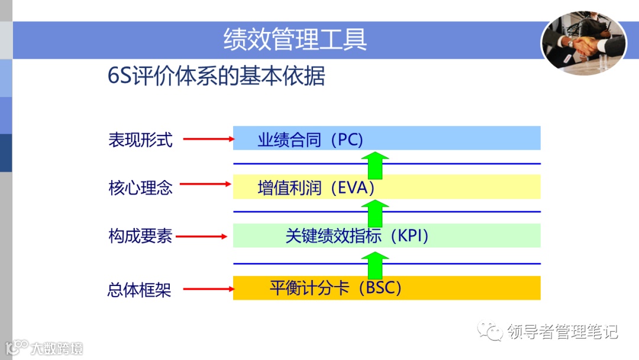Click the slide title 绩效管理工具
(x=295, y=40)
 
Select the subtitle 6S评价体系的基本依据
(x=217, y=77)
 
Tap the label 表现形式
(x=140, y=140)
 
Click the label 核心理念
(x=140, y=188)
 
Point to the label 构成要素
(x=140, y=236)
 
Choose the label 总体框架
(x=140, y=290)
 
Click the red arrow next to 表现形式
(x=209, y=139)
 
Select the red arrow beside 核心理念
(x=205, y=184)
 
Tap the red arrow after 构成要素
(x=202, y=236)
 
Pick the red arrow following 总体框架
(x=209, y=290)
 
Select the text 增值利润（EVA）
(x=317, y=188)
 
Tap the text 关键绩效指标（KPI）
(x=357, y=236)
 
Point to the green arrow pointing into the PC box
(x=375, y=165)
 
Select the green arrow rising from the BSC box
(x=375, y=265)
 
